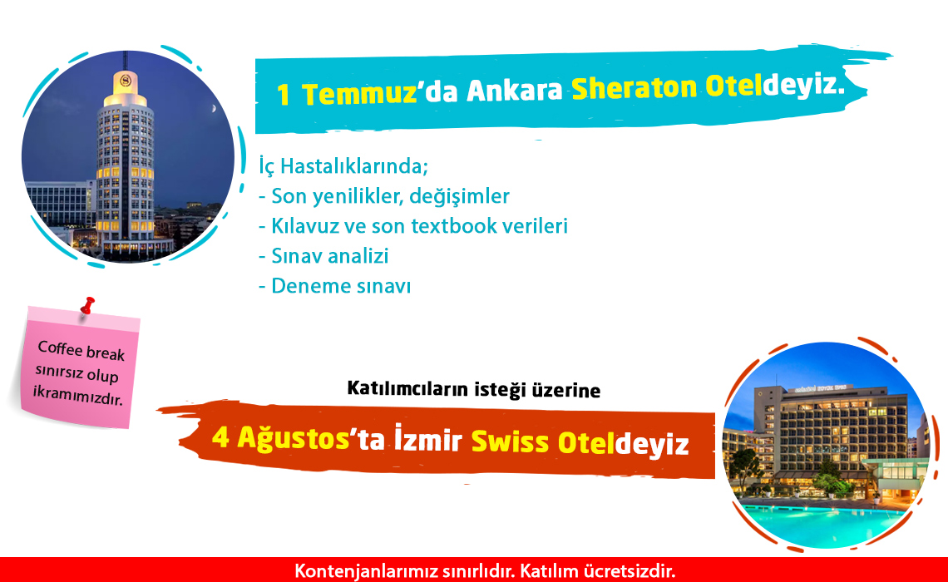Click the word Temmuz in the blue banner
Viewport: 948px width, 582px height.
(359, 93)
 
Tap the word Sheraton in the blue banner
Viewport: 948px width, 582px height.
(634, 88)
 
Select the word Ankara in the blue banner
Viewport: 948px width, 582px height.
(515, 91)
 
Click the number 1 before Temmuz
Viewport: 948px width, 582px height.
(283, 95)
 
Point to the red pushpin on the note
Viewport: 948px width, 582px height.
(88, 305)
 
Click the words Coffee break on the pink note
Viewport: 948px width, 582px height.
(81, 351)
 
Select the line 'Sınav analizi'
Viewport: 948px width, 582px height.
(323, 255)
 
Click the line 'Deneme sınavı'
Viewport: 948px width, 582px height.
(335, 286)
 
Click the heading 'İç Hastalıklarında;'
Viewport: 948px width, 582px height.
(343, 166)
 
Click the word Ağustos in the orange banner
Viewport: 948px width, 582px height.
(294, 437)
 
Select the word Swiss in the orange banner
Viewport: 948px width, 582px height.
(510, 441)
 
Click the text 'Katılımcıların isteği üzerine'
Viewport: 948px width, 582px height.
(474, 390)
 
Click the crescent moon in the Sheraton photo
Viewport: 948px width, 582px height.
(213, 109)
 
